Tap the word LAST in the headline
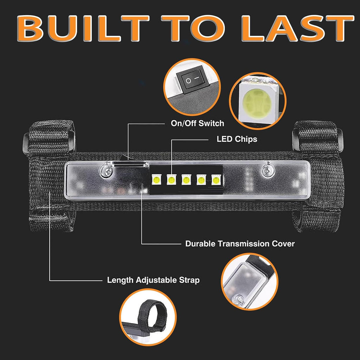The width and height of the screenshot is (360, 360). coord(297,28)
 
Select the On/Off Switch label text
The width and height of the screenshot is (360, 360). coord(198,123)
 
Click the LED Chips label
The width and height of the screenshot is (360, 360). coord(237,139)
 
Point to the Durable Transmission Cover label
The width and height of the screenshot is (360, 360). coord(240,244)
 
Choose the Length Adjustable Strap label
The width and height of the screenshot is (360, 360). coord(153,280)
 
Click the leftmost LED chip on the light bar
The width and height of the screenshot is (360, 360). coord(156,180)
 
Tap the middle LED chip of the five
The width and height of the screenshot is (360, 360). coord(186,180)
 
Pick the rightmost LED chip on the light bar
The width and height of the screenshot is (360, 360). coord(216,180)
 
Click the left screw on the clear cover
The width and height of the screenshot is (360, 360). coord(106,171)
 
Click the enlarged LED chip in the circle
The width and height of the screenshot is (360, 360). coord(258,103)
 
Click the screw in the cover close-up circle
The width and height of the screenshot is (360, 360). coord(240,299)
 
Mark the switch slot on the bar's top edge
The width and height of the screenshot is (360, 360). coord(129,163)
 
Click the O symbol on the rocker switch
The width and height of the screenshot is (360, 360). coord(188,81)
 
